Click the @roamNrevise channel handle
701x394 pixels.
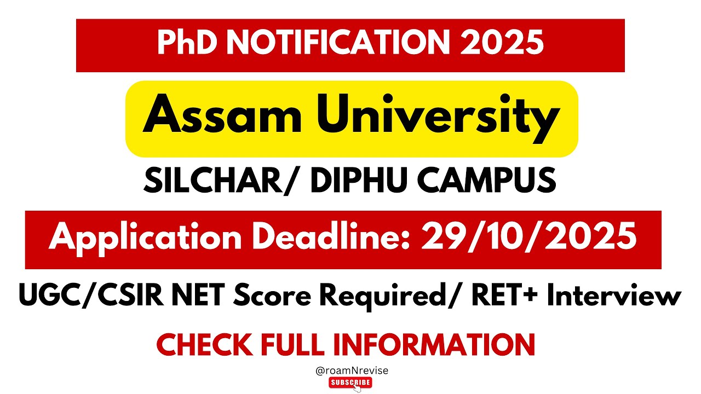(352, 370)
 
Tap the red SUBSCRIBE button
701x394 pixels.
(350, 383)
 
